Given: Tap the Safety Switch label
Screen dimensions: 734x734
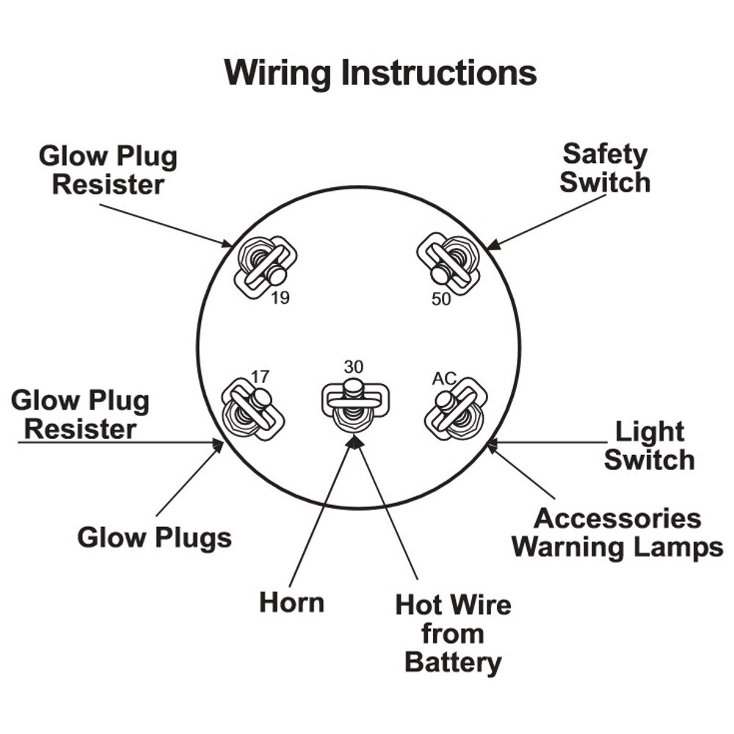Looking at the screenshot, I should pyautogui.click(x=605, y=168).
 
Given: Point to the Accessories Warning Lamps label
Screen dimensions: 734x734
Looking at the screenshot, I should pyautogui.click(x=617, y=533).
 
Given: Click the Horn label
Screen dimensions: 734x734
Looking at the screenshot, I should pyautogui.click(x=291, y=603).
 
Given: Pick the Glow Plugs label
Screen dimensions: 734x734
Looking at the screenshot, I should pyautogui.click(x=154, y=538).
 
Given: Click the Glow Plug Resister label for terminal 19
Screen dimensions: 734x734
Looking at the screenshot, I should pyautogui.click(x=108, y=170).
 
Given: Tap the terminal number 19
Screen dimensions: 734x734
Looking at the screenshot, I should pyautogui.click(x=280, y=298).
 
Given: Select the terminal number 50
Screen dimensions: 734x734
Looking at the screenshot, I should pyautogui.click(x=441, y=299).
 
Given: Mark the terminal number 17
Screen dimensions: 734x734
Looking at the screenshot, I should pyautogui.click(x=260, y=377).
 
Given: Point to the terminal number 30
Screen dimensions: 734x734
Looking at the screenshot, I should pyautogui.click(x=353, y=366).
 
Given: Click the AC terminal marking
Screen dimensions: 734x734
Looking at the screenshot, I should pyautogui.click(x=444, y=378).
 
